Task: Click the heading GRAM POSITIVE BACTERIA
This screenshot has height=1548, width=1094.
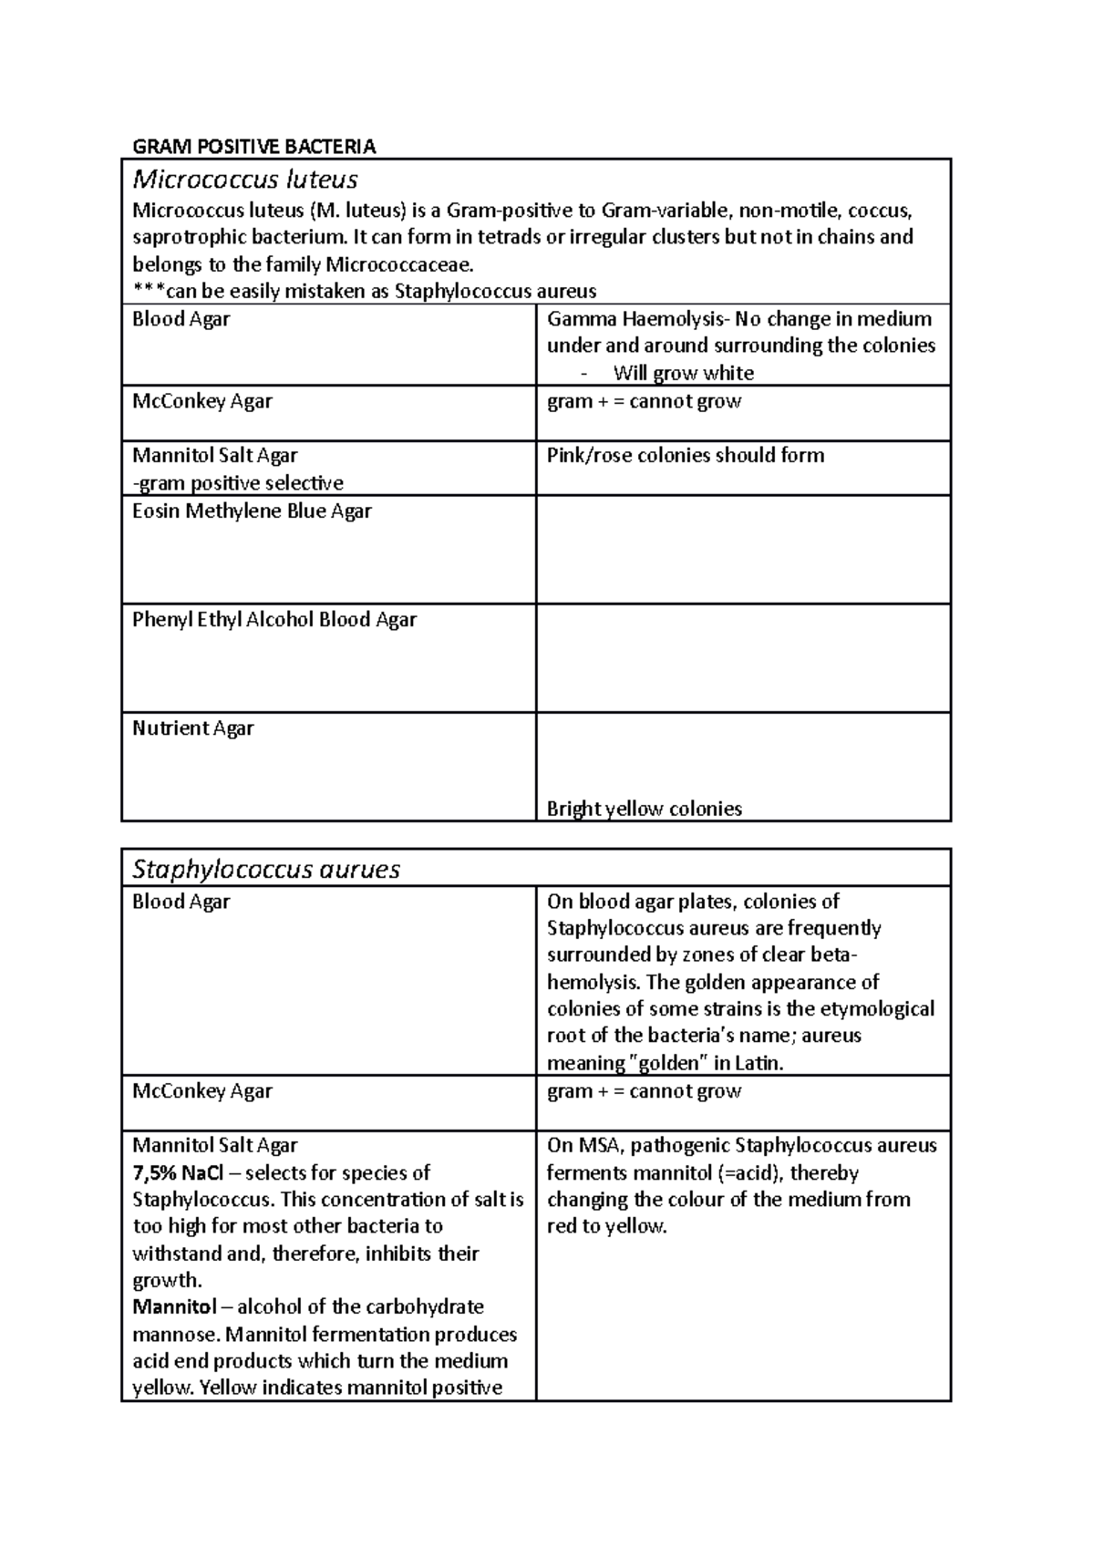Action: point(254,147)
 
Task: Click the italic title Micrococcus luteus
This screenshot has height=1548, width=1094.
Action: point(244,179)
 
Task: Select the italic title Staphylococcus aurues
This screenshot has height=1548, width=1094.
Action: point(266,869)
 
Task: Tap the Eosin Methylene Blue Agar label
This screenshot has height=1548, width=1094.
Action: point(252,511)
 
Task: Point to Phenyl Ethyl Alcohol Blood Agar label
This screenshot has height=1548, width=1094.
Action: point(274,620)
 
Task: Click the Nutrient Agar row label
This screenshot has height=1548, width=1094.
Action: point(193,728)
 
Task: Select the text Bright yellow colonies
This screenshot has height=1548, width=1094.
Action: point(644,809)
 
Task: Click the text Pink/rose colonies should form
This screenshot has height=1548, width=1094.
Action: point(685,456)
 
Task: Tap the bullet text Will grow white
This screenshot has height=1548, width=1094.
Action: point(683,373)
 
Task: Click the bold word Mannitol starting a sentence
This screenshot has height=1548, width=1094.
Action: point(174,1306)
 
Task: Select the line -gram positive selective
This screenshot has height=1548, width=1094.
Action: point(238,483)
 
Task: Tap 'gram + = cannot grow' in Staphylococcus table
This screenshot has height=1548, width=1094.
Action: point(644,1091)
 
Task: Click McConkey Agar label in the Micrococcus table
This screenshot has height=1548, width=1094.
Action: point(202,401)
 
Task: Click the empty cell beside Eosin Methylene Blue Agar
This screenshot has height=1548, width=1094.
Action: point(743,550)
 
